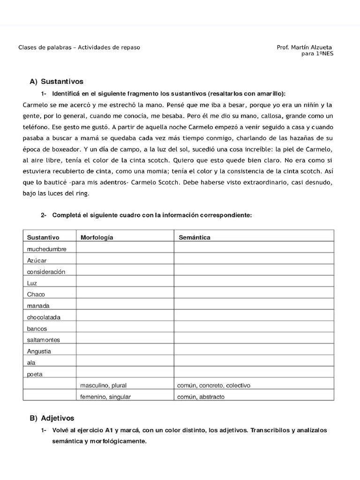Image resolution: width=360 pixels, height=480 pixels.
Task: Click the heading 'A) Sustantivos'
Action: (x=56, y=82)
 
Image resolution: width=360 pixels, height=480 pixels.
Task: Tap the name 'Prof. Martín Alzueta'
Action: (x=305, y=47)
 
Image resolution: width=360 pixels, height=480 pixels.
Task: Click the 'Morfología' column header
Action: (x=97, y=237)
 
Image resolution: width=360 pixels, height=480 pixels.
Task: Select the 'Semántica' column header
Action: (x=195, y=237)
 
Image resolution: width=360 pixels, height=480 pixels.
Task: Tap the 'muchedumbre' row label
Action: (x=46, y=249)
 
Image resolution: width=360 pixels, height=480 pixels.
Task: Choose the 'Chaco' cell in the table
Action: (x=36, y=294)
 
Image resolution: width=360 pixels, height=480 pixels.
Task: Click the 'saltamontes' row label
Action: (x=44, y=340)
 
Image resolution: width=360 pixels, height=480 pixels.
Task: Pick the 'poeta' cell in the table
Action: (x=35, y=374)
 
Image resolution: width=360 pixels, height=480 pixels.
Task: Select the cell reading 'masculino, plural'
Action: (x=104, y=385)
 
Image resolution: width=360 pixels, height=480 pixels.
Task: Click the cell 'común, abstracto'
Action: (x=201, y=397)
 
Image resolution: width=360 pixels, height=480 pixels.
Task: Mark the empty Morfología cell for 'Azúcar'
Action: (x=125, y=260)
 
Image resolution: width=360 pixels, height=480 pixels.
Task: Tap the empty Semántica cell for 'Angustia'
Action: (x=254, y=351)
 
